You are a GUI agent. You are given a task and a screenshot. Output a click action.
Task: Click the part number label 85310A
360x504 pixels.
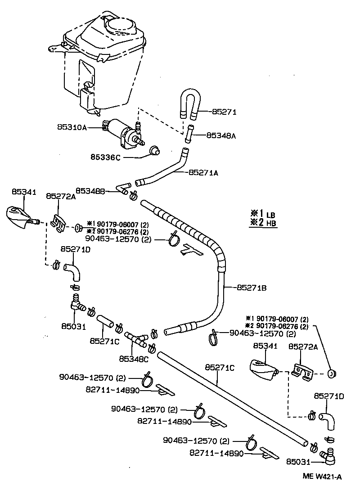(72, 127)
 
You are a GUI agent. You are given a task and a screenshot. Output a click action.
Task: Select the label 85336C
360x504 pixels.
(106, 157)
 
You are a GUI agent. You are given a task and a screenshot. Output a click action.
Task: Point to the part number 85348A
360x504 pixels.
(221, 135)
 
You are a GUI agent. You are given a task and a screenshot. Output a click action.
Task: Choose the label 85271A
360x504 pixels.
(203, 172)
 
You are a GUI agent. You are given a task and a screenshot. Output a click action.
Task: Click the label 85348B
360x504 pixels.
(90, 191)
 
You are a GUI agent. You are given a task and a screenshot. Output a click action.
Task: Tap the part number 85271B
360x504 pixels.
(252, 287)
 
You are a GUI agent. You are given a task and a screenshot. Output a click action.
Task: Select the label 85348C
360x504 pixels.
(134, 359)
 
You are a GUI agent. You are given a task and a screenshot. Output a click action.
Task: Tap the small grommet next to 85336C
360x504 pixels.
(155, 150)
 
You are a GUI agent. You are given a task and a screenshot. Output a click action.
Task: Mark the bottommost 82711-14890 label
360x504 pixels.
(216, 453)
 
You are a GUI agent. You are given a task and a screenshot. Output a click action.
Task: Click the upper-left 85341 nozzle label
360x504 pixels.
(24, 192)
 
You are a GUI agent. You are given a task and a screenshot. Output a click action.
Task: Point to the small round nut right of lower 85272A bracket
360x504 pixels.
(333, 373)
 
